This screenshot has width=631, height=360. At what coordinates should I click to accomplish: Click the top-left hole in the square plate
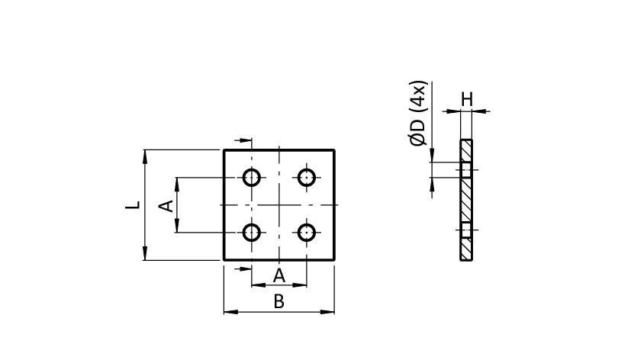[x=252, y=178]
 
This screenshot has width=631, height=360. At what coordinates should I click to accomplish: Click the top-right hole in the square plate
[x=307, y=178]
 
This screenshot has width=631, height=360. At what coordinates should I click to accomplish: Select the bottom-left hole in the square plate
[x=252, y=232]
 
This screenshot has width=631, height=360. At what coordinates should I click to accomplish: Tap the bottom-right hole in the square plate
[x=307, y=232]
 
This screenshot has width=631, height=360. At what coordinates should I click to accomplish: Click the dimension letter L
[x=132, y=205]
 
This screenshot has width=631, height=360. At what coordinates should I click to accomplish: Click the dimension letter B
[x=278, y=301]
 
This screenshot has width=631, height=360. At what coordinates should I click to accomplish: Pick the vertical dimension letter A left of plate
[x=163, y=205]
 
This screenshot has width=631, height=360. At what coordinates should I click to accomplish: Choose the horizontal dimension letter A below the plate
[x=278, y=275]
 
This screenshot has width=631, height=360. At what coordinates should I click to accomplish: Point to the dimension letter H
[x=466, y=98]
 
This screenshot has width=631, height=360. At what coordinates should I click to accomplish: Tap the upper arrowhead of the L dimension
[x=145, y=156]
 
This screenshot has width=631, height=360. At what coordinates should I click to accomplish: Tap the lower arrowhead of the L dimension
[x=145, y=255]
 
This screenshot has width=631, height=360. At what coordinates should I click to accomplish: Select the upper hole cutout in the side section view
[x=466, y=169]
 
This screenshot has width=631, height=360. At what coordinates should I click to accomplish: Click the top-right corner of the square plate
[x=334, y=150]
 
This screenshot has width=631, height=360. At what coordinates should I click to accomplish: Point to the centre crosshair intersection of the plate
[x=279, y=205]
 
